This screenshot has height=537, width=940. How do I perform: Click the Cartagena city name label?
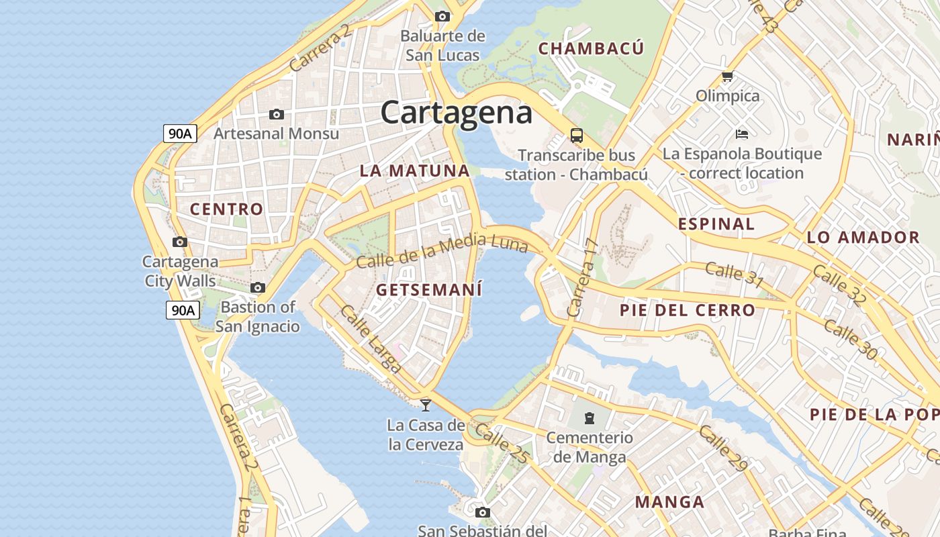point(457,112)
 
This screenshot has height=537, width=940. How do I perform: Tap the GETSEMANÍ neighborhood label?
point(429,290)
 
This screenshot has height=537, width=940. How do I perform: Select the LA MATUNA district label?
point(414,170)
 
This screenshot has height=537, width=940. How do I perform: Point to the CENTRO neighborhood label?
point(226,209)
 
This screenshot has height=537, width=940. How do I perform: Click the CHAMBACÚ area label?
point(591,48)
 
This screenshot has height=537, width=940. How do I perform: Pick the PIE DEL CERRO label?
point(688,310)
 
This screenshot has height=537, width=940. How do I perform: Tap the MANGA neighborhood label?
point(669,502)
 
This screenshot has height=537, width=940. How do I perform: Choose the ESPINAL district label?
point(716,224)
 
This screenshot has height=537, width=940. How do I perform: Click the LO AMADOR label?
point(863,237)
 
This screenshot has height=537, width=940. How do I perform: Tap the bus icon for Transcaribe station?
point(577,135)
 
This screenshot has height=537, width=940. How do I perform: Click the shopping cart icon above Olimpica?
point(727,77)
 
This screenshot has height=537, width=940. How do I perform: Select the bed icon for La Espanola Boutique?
point(741,134)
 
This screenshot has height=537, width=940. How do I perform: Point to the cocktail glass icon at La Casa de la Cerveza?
point(425,405)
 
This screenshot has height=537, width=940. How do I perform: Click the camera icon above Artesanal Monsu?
point(276,114)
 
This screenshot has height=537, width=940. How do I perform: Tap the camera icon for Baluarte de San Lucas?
point(442,16)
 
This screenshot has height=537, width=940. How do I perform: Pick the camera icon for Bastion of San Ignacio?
point(258,288)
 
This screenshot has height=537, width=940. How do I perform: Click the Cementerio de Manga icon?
point(589,418)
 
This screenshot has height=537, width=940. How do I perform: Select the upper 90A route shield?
point(180,133)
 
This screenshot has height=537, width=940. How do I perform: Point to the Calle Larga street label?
point(371,340)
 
